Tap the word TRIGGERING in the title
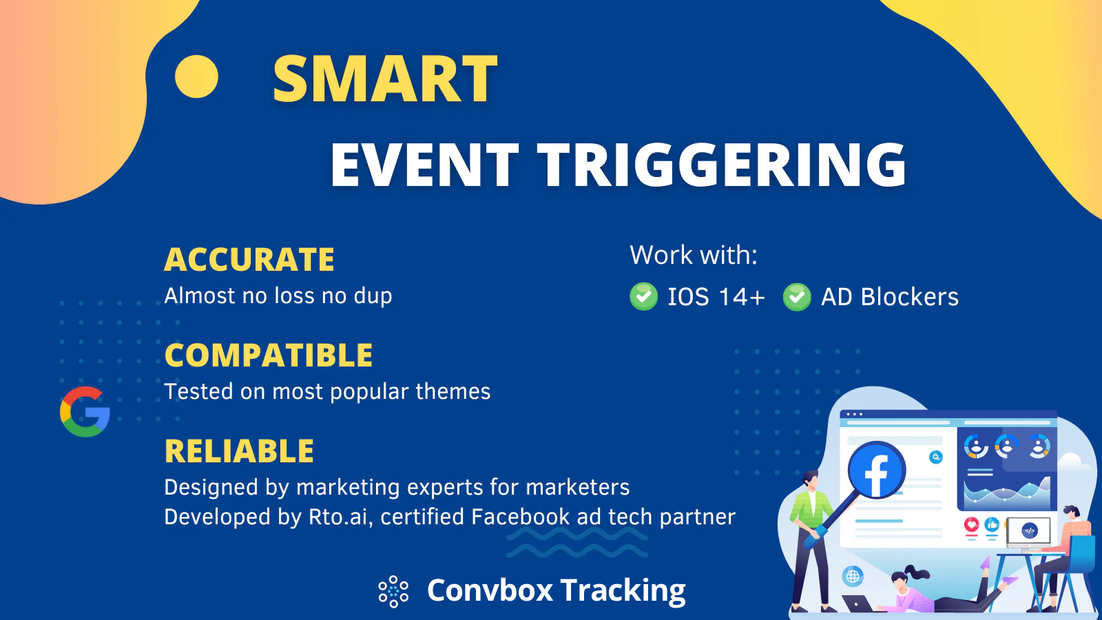721,165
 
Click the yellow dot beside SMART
196,76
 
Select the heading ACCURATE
249,259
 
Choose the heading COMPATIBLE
269,355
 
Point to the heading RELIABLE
239,451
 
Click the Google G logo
85,411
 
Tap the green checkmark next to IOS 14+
643,297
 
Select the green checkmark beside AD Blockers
797,297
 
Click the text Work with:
694,255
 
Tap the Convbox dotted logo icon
393,591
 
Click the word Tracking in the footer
623,590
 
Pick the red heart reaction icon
971,524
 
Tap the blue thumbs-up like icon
992,524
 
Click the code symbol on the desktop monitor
1029,531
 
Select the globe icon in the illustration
853,576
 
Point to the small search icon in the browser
936,457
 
